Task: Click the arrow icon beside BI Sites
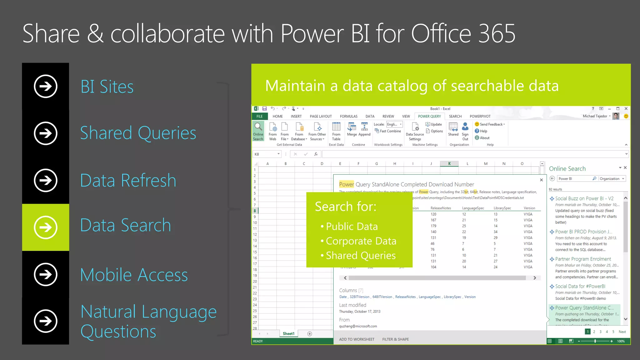[46, 86]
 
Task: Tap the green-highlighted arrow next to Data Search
[46, 227]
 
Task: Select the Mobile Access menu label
[134, 275]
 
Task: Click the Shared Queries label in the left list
[138, 133]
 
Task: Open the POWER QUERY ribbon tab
[429, 116]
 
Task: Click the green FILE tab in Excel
[259, 116]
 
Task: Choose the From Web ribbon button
[272, 131]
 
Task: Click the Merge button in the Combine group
[352, 130]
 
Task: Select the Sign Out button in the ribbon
[465, 131]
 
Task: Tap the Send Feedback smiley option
[490, 124]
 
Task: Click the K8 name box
[266, 154]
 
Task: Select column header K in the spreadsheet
[449, 163]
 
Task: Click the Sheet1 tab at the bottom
[288, 334]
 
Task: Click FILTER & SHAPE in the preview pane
[395, 339]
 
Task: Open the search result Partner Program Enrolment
[583, 259]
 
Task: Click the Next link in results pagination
[622, 332]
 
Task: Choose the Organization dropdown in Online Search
[612, 179]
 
